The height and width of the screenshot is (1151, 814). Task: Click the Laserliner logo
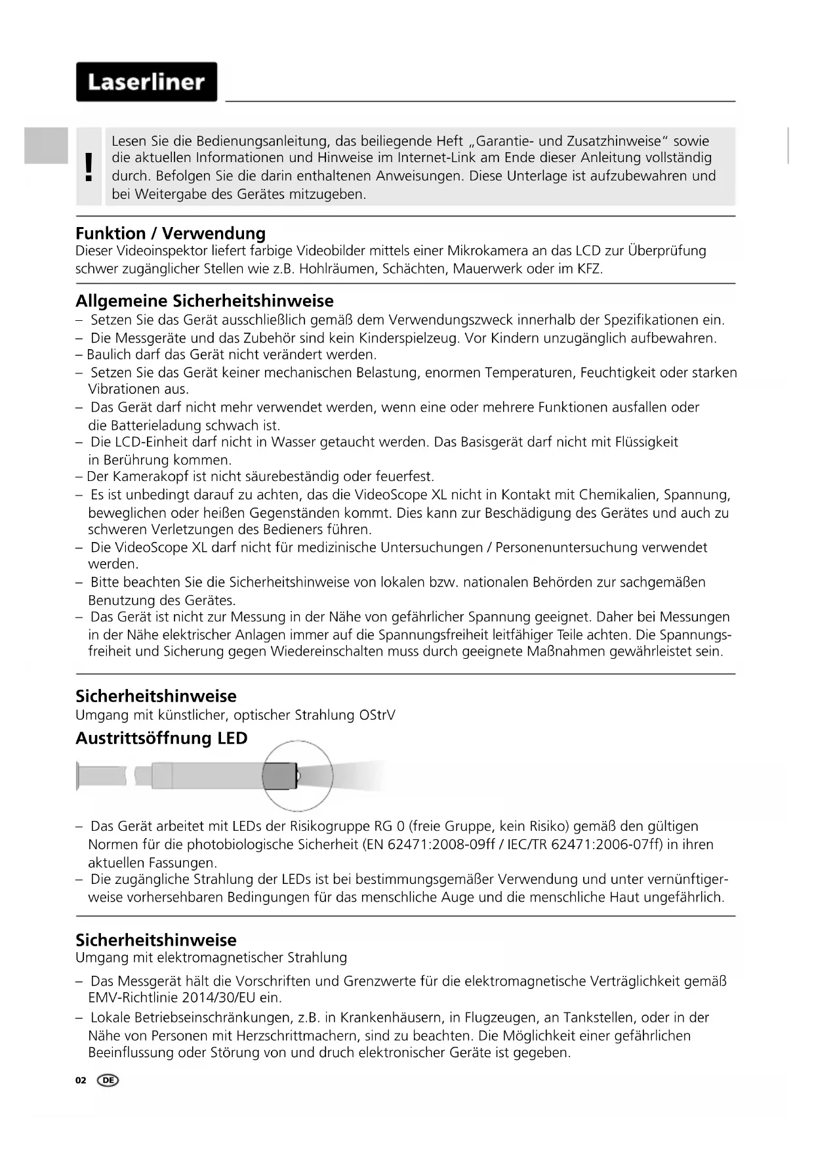(146, 82)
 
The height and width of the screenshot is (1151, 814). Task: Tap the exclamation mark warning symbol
(89, 167)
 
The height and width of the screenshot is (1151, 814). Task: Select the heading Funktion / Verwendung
(171, 234)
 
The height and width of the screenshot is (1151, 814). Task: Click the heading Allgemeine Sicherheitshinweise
(204, 301)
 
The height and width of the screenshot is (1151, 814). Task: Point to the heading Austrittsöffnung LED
(161, 738)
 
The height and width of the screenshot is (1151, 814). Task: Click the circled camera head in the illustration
(281, 776)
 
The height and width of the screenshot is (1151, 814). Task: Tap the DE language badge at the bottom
(108, 1080)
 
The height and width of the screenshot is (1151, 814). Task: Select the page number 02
(81, 1080)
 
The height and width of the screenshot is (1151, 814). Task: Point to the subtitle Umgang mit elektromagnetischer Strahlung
(211, 957)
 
